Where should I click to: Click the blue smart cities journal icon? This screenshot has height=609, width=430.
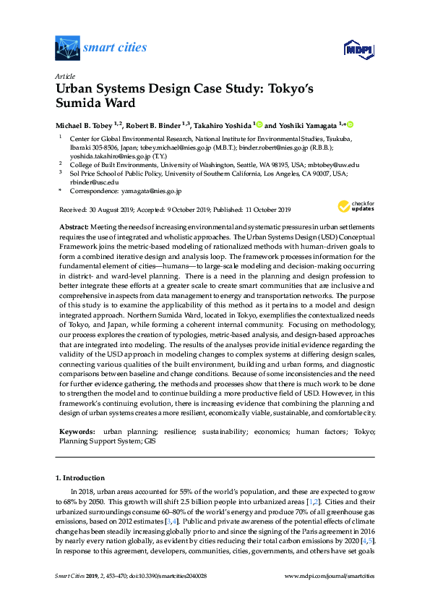(67, 48)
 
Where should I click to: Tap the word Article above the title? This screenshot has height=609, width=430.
(64, 75)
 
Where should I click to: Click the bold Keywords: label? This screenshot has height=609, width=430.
(77, 431)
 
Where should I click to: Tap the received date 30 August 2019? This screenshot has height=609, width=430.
(115, 210)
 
